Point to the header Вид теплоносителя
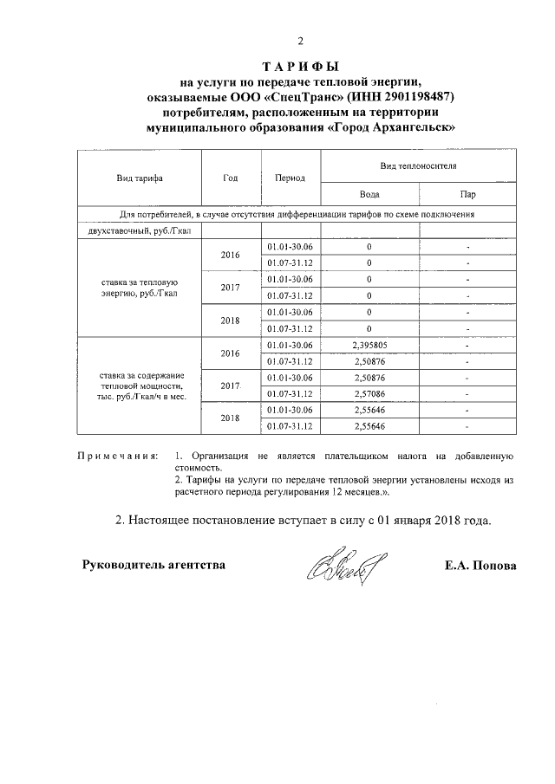(419, 164)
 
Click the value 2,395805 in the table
(369, 345)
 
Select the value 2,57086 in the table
(369, 394)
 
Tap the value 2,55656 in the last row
(369, 427)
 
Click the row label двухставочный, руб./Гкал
(140, 230)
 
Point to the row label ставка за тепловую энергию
(140, 288)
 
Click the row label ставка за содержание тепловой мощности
(140, 386)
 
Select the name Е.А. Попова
(480, 565)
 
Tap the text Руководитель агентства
(153, 565)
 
